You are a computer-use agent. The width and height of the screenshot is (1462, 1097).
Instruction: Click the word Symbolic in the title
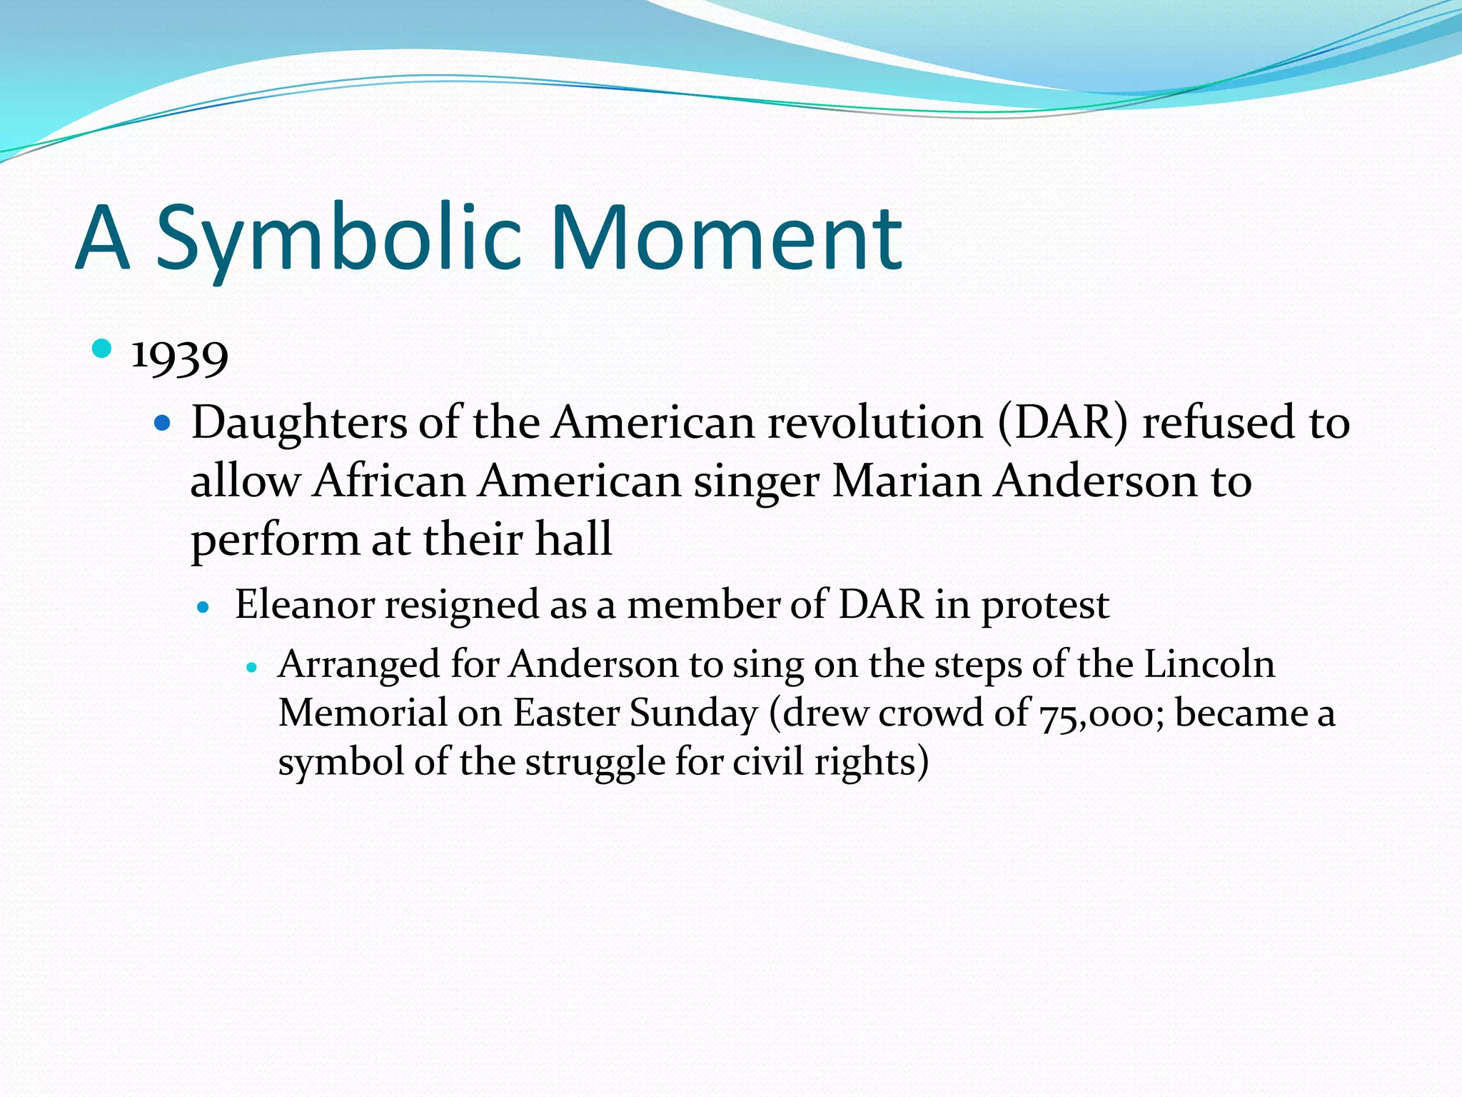(339, 239)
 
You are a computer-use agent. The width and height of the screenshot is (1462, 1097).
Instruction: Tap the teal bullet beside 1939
(103, 349)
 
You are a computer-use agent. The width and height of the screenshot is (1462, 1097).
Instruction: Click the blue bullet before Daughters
(163, 424)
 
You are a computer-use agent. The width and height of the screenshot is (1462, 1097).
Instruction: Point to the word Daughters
(298, 423)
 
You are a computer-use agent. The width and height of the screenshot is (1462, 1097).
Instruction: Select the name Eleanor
(304, 605)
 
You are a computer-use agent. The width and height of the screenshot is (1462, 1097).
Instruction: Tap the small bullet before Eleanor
(204, 608)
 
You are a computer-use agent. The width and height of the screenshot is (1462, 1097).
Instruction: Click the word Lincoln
(1209, 664)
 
